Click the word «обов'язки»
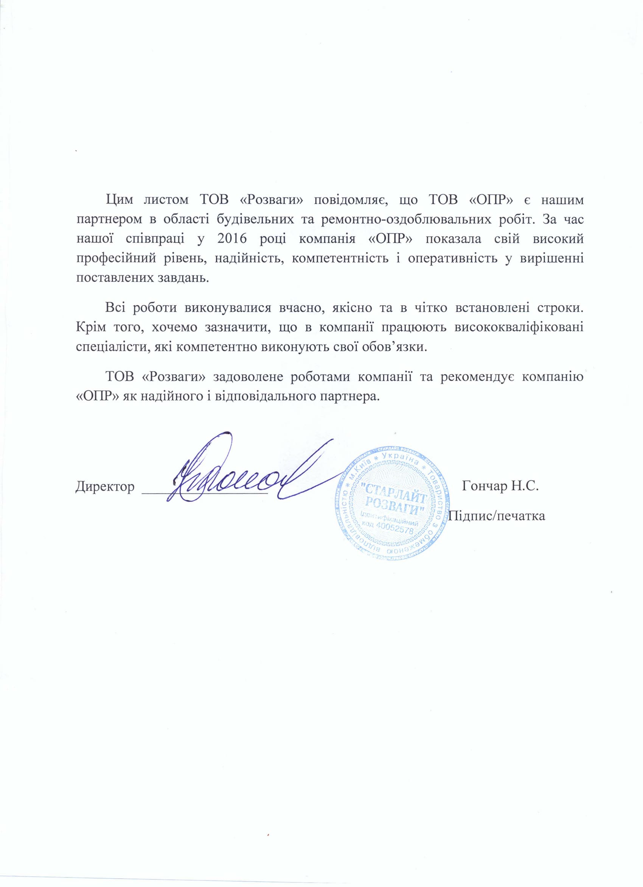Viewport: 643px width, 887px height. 396,347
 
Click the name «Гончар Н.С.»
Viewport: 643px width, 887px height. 500,487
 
